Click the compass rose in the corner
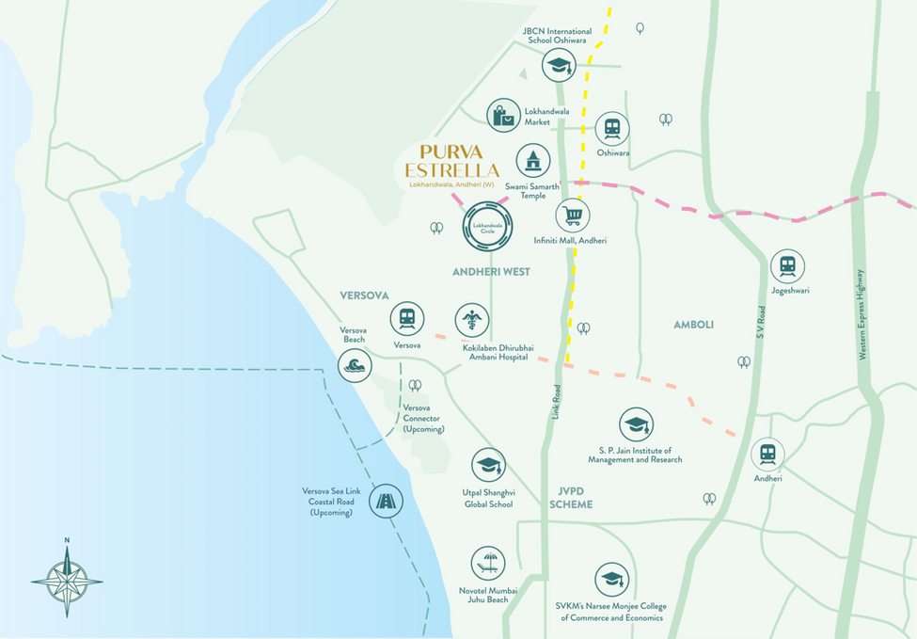[67, 576]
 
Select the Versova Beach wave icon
[355, 365]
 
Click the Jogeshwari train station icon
[787, 266]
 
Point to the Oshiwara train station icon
[612, 129]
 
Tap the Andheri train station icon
[767, 455]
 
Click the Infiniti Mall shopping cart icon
[572, 216]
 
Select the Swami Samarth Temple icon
[533, 161]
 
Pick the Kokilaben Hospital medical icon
[472, 321]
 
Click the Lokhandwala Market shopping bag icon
[504, 115]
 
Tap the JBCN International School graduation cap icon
[560, 65]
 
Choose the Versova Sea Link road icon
[386, 501]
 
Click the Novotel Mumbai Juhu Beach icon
[488, 564]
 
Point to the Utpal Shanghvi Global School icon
[488, 465]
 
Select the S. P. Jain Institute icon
[636, 424]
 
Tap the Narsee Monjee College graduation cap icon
[611, 580]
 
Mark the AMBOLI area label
[693, 325]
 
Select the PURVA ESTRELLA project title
[451, 161]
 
